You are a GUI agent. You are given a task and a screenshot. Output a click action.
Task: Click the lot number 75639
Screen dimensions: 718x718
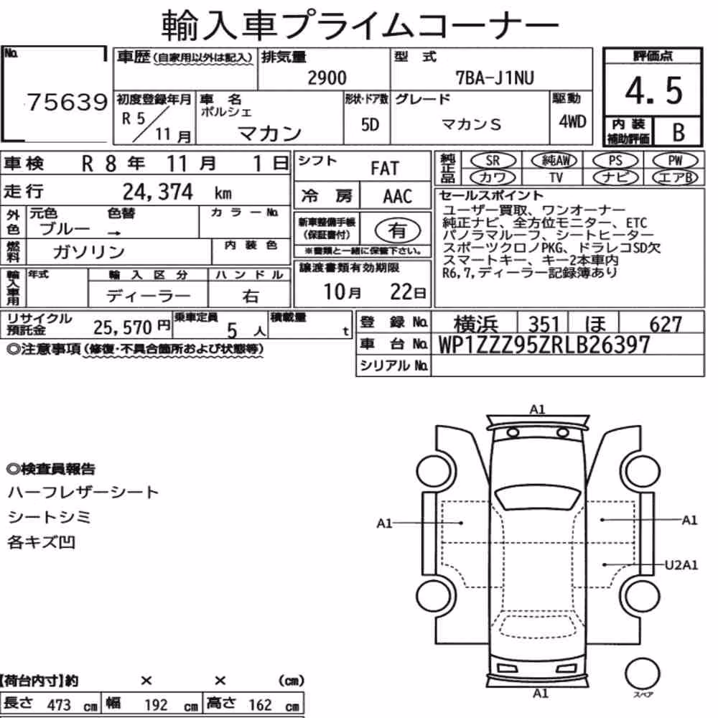pyautogui.click(x=67, y=102)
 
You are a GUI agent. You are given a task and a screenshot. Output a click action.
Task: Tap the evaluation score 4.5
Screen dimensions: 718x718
pyautogui.click(x=653, y=90)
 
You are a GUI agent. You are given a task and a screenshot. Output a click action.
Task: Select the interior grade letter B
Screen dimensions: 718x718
pyautogui.click(x=679, y=132)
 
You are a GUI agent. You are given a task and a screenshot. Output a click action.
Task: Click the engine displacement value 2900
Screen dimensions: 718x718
pyautogui.click(x=327, y=78)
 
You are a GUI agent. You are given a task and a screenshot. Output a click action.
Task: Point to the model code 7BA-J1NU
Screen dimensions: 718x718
pyautogui.click(x=495, y=78)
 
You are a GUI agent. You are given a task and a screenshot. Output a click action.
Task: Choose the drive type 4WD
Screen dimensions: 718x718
pyautogui.click(x=572, y=122)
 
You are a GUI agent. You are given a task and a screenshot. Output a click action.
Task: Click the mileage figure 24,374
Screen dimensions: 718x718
pyautogui.click(x=157, y=192)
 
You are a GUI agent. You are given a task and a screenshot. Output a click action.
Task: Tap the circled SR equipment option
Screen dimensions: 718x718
pyautogui.click(x=493, y=161)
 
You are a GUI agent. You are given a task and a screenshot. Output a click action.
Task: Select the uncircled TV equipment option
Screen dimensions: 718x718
pyautogui.click(x=556, y=177)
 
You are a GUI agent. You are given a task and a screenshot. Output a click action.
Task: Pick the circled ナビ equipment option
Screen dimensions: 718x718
pyautogui.click(x=615, y=177)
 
